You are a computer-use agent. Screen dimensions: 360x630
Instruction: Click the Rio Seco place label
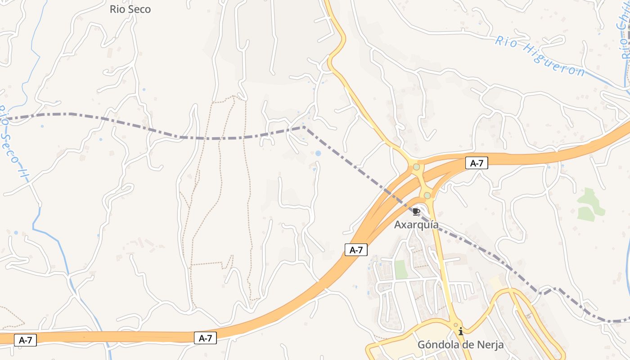coord(130,9)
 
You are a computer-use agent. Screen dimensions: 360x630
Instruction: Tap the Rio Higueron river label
coord(540,57)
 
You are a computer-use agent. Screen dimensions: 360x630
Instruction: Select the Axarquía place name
coord(416,225)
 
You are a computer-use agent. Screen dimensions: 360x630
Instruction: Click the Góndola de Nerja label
coord(460,345)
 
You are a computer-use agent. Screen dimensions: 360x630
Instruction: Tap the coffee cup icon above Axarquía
coord(416,211)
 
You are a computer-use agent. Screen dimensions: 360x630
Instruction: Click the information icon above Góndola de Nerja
coord(461,332)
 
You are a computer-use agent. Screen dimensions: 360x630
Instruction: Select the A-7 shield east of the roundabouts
coord(477,163)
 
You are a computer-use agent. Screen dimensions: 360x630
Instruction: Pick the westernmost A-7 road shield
coord(25,340)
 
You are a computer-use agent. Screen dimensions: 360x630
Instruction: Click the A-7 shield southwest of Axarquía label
coord(356,250)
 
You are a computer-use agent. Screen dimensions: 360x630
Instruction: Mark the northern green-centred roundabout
coord(417,167)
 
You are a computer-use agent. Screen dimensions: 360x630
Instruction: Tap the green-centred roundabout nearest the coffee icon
coord(427,195)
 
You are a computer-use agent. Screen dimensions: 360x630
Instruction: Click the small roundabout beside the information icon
coord(455,324)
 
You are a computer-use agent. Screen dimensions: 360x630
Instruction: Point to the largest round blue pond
coord(318,153)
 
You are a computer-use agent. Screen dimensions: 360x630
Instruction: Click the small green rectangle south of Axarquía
coord(400,269)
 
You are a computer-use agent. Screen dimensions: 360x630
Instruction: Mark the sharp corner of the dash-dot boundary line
coord(304,127)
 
